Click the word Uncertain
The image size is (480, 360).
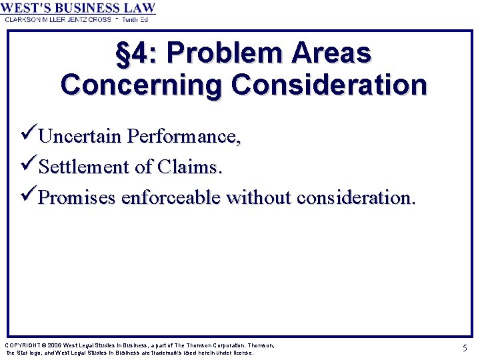click(x=81, y=137)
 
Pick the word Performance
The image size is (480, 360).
click(x=184, y=137)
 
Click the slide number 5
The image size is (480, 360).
click(x=464, y=347)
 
